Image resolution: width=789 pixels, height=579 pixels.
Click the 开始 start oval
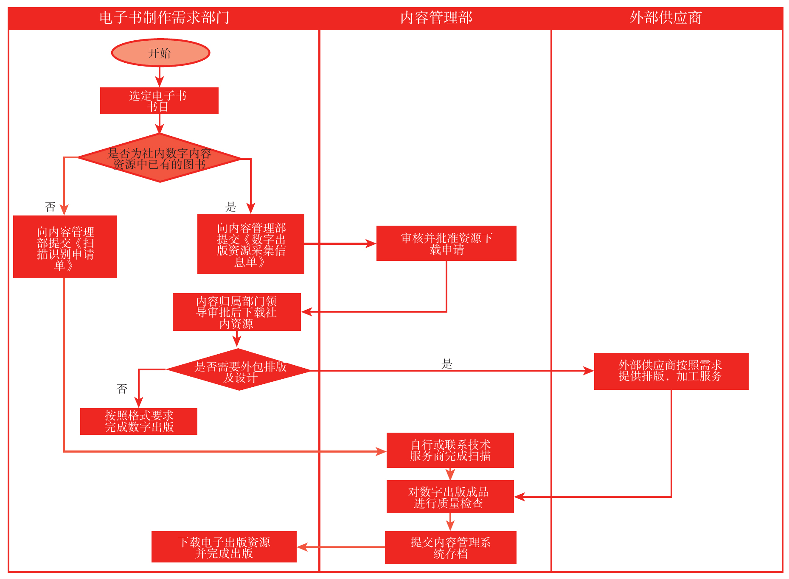coord(160,53)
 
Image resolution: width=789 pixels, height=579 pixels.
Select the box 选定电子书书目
coord(159,101)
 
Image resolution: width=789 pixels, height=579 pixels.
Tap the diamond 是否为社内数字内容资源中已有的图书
coord(160,158)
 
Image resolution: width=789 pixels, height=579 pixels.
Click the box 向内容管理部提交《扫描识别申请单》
coord(65,247)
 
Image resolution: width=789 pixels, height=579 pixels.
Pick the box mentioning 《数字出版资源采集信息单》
coord(251,244)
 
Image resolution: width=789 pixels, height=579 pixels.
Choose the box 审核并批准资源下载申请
coord(446,243)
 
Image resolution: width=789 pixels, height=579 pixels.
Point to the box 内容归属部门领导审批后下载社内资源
coord(236,312)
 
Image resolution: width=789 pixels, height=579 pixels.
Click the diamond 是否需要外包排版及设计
coord(239,370)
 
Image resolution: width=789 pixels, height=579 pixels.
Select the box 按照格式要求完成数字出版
coord(139,421)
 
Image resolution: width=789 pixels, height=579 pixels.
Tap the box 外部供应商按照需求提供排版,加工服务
coord(671,371)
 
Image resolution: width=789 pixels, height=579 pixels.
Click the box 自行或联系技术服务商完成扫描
coord(450,450)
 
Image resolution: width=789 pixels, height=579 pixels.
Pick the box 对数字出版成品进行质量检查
coord(450,497)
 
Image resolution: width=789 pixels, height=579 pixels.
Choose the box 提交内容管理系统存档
coord(450,547)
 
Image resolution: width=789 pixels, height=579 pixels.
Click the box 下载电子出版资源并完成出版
coord(224,547)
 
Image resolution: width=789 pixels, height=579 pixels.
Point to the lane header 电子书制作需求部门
coord(164,18)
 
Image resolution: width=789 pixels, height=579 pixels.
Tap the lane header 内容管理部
coord(436,18)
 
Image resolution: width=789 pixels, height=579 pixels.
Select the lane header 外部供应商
coord(665,18)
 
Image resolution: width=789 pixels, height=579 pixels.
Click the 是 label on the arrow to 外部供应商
coord(447,364)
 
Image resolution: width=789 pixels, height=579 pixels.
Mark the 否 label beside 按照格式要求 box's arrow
coord(122,389)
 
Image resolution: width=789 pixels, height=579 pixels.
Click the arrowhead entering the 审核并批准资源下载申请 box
coord(371,244)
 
